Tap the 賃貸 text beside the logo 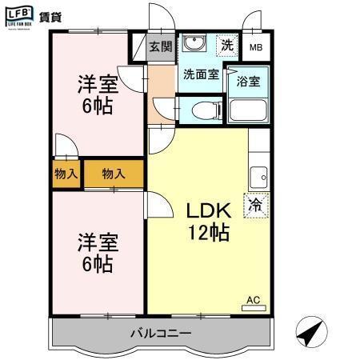[x=51, y=16]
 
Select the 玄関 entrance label [x=161, y=46]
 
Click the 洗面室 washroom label [x=201, y=75]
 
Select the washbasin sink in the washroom [x=193, y=44]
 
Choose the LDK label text [x=209, y=211]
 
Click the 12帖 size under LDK [x=209, y=234]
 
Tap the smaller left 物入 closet [x=66, y=173]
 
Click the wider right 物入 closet [x=114, y=173]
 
